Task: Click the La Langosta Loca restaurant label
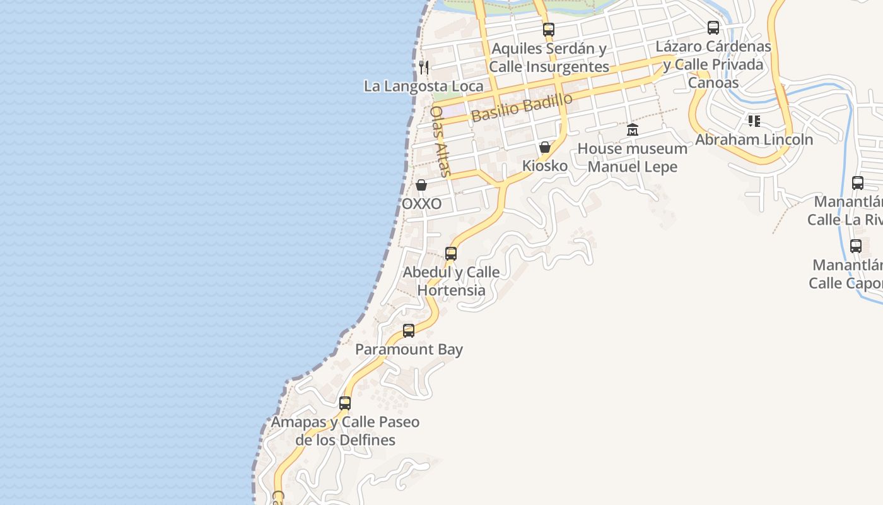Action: (423, 86)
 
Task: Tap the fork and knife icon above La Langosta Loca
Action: (424, 67)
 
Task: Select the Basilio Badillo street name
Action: (522, 107)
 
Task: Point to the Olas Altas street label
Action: (440, 141)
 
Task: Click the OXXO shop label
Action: (421, 205)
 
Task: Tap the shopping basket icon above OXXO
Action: (421, 185)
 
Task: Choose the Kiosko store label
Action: (545, 166)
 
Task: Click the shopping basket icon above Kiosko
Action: (545, 147)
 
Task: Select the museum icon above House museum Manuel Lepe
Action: (633, 130)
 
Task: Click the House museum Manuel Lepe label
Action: (633, 158)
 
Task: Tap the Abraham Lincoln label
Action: (754, 140)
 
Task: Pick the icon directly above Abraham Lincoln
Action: (754, 121)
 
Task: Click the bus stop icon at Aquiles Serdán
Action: (549, 29)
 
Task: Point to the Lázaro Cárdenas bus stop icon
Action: (713, 28)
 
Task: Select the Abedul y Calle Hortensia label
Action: (451, 282)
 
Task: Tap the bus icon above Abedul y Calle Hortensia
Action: (451, 254)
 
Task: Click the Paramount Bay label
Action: (409, 350)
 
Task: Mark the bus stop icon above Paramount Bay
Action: (409, 330)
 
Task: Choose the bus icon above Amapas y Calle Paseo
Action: (345, 403)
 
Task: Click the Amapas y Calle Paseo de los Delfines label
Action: (345, 431)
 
